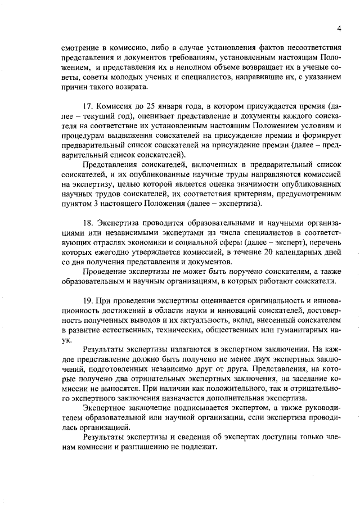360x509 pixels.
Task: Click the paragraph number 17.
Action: click(x=88, y=107)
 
